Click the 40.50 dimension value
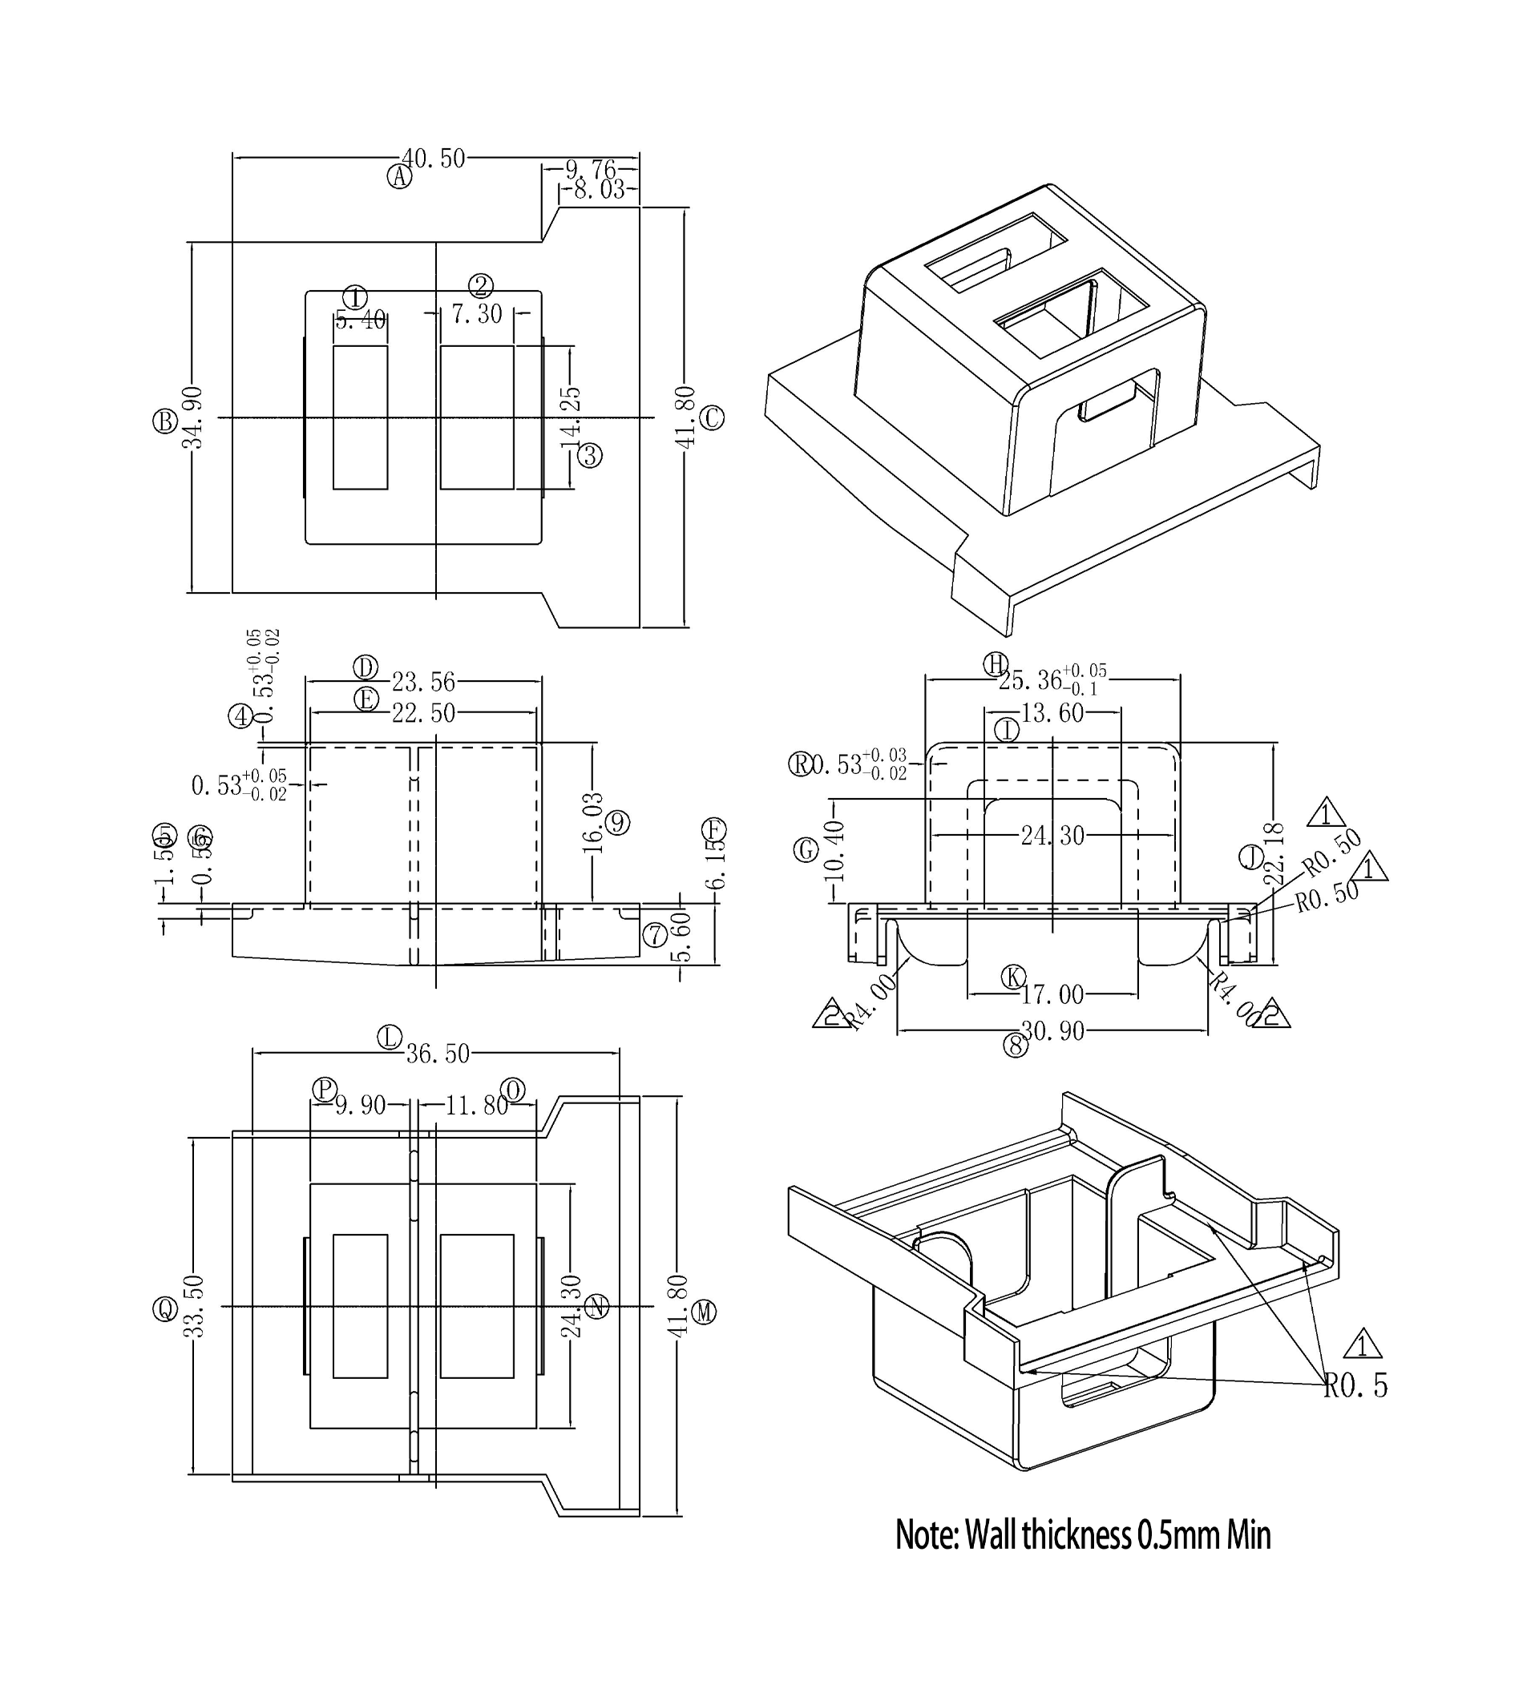click(x=433, y=159)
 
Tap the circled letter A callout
click(x=400, y=177)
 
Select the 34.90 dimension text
click(x=193, y=418)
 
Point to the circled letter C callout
click(x=712, y=418)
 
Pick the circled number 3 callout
click(x=590, y=456)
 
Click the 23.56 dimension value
click(x=423, y=682)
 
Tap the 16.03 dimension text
click(x=592, y=824)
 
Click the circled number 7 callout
click(x=655, y=935)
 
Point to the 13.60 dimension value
click(x=1052, y=713)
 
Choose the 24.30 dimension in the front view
click(x=1052, y=835)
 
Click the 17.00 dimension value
click(x=1052, y=994)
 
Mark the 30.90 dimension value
click(x=1052, y=1031)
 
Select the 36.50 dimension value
click(x=437, y=1054)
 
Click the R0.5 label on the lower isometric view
click(x=1355, y=1386)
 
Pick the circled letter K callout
click(x=1014, y=976)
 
